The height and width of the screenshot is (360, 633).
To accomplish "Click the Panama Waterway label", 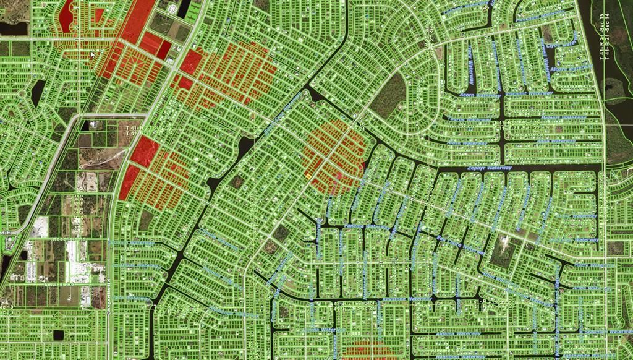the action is click(x=365, y=226).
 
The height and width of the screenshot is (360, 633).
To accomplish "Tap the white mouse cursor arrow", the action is click(x=93, y=54).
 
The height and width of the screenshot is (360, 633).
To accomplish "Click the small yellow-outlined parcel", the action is click(x=307, y=176).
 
